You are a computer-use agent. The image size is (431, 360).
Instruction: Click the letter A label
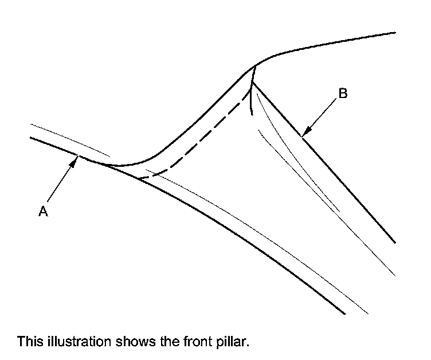coord(42,212)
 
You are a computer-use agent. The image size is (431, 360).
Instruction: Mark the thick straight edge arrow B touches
coord(344,183)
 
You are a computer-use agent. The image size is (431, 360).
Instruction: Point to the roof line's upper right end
coord(395,33)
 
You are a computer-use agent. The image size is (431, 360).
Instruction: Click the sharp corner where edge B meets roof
coord(252,82)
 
